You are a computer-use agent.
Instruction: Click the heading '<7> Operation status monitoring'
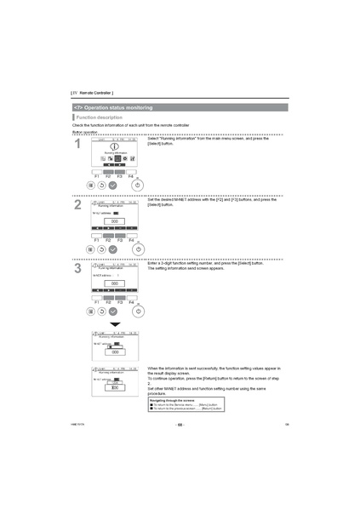coord(114,107)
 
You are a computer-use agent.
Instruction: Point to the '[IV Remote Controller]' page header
coord(92,92)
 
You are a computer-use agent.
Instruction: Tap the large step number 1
coord(77,146)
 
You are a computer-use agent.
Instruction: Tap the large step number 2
coord(77,204)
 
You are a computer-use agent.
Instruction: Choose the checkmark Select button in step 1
coord(112,185)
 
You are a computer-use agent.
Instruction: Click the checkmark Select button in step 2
coord(112,249)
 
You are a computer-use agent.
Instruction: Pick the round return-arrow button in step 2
coord(101,249)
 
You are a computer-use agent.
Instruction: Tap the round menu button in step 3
coord(91,311)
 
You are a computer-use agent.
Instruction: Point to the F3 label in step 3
coord(120,302)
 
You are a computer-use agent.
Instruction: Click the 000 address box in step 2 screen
coord(114,221)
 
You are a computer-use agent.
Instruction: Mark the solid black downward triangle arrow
coord(114,324)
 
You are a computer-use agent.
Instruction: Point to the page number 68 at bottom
coord(180,424)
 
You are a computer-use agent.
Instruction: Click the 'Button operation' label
coord(85,131)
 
